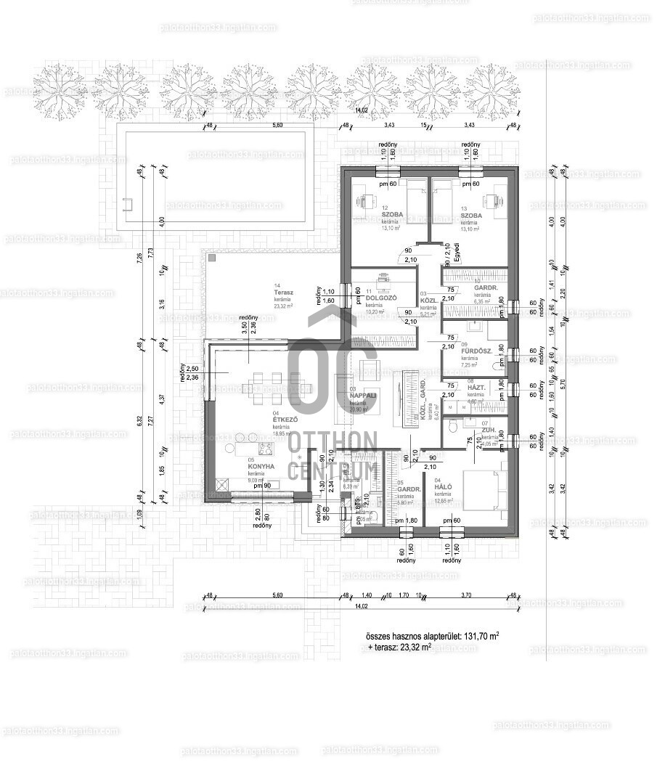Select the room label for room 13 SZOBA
[470, 216]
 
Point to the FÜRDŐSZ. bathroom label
[477, 351]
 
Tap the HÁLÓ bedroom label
[444, 488]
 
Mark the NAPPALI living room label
[363, 395]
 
